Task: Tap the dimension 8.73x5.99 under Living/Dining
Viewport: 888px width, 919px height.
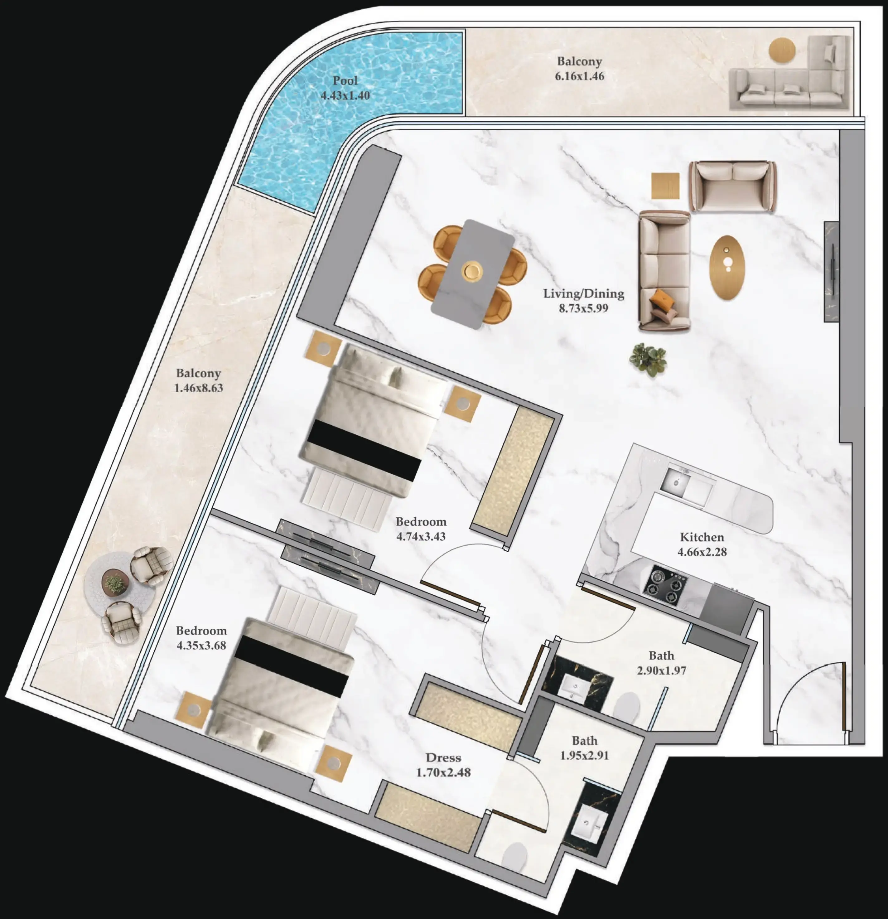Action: [x=583, y=308]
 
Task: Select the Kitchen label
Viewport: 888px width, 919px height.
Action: [x=702, y=537]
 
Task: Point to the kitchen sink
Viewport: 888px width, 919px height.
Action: [x=676, y=481]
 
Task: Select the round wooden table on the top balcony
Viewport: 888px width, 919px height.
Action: [x=782, y=49]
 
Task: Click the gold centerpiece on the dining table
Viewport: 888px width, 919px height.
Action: [x=471, y=271]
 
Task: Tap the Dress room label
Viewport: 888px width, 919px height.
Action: [x=443, y=757]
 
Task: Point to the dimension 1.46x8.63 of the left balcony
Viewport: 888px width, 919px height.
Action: [x=198, y=388]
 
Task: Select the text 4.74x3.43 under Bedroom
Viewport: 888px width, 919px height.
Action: [x=421, y=536]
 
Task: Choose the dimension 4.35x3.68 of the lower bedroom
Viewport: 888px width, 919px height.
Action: [x=201, y=645]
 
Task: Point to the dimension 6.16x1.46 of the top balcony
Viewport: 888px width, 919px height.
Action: [x=580, y=76]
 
